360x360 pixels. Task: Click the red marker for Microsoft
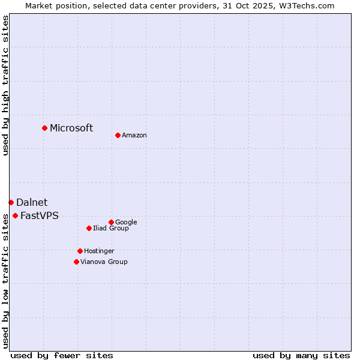(44, 128)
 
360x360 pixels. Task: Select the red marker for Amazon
(118, 135)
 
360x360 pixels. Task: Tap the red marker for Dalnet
(11, 202)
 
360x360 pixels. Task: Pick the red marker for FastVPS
(15, 215)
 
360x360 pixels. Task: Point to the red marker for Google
(111, 222)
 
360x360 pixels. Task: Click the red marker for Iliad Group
(89, 228)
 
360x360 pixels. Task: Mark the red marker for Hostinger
(80, 251)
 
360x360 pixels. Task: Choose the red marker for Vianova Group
(76, 262)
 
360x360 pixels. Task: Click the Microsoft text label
(71, 128)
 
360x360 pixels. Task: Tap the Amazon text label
(134, 136)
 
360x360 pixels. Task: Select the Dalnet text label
(32, 203)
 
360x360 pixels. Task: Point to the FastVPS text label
(40, 216)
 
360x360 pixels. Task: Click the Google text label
(127, 223)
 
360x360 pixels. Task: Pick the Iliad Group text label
(111, 229)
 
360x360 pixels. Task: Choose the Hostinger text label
(100, 251)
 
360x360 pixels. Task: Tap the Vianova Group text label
(104, 262)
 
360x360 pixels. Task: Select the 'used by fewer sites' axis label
(62, 356)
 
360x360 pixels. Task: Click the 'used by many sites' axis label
(301, 356)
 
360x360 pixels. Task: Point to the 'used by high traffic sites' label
(5, 85)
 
